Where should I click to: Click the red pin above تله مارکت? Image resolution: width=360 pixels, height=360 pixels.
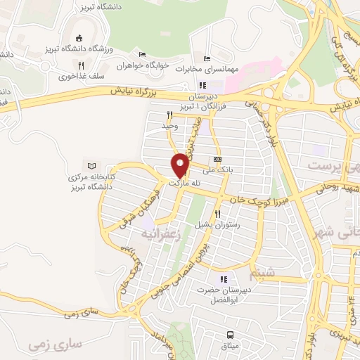(x=181, y=165)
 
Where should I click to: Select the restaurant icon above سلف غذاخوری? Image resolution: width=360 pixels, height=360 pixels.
(x=82, y=65)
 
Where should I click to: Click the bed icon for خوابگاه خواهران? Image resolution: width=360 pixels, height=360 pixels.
(x=143, y=54)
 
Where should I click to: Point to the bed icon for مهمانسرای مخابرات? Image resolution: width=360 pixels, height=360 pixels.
(x=206, y=58)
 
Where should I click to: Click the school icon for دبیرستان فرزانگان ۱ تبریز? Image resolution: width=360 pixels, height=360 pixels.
(x=203, y=86)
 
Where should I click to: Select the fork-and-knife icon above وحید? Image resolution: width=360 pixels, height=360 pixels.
(x=169, y=115)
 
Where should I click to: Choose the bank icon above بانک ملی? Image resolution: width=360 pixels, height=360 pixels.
(x=217, y=160)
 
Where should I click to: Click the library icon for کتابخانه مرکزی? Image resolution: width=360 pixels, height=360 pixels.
(x=89, y=163)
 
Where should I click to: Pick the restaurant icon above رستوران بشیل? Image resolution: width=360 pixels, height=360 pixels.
(x=218, y=214)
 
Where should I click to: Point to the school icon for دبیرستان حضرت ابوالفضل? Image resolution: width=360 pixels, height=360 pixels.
(x=224, y=278)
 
